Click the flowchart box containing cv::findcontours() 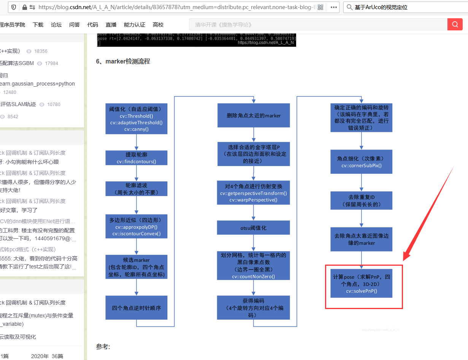(x=136, y=158)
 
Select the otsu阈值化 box (x=254, y=228)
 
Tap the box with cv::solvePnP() (x=361, y=284)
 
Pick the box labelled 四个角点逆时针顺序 (x=136, y=308)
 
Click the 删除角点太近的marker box (x=254, y=115)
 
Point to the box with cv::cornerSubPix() (x=361, y=162)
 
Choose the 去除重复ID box (x=361, y=201)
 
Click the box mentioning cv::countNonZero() (x=254, y=266)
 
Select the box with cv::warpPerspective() (x=254, y=193)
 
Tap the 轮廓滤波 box (x=136, y=189)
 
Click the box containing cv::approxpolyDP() (x=136, y=227)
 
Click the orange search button (x=455, y=24)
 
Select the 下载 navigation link (x=38, y=25)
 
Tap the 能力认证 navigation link (x=135, y=25)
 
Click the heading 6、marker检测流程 (x=123, y=61)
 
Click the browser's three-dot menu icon (x=334, y=7)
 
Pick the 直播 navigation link (x=111, y=25)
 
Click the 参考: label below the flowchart (x=103, y=347)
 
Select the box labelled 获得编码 (x=254, y=308)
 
